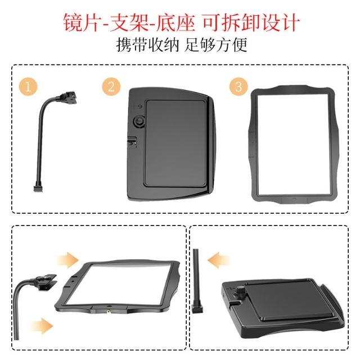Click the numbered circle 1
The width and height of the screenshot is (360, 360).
pos(28,87)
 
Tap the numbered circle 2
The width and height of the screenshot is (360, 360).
pos(111,87)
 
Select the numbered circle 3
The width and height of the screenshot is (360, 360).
pos(238,87)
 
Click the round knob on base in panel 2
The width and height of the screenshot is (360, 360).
pos(139,121)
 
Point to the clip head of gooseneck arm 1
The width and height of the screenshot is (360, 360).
pos(69,97)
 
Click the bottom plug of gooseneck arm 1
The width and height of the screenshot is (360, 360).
pos(38,189)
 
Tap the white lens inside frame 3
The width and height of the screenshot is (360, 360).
pos(293,145)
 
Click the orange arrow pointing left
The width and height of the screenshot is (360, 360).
pos(218,260)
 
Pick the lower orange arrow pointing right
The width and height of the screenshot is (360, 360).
pos(42,326)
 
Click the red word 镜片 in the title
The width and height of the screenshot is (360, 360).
pos(82,22)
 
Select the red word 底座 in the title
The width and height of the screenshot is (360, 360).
pos(175,22)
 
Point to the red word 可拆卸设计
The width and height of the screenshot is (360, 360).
pos(251,22)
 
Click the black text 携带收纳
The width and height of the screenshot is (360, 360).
pos(147,45)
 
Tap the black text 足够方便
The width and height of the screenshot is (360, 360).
pos(216,45)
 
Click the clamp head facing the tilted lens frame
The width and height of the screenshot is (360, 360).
pos(46,281)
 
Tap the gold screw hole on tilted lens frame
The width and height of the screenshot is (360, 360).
pos(107,312)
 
